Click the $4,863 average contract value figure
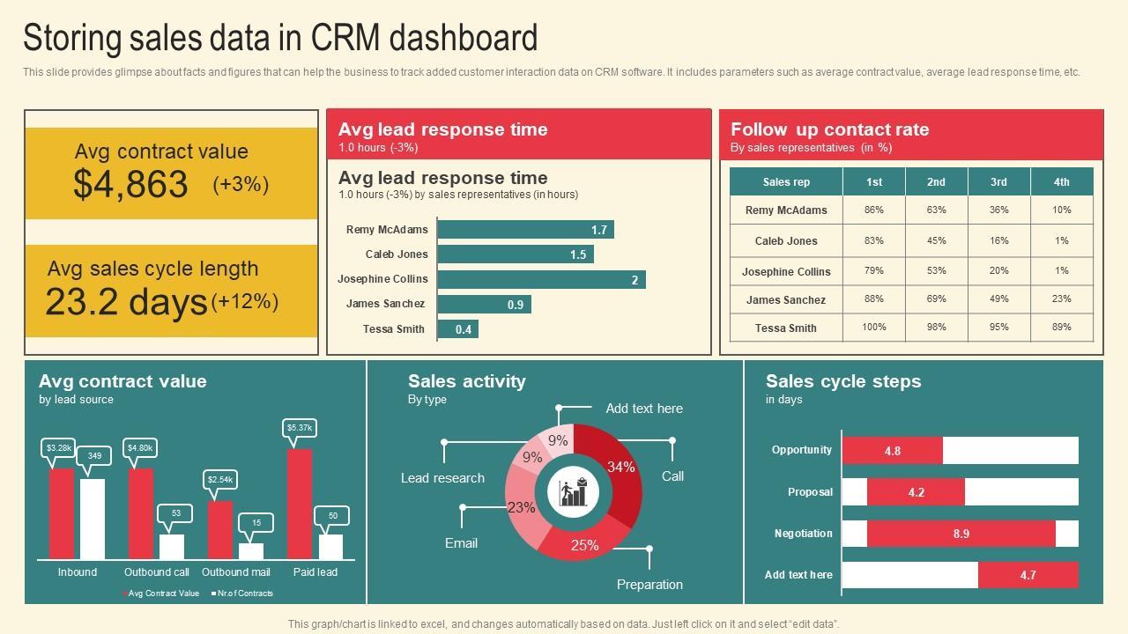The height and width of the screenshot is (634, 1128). coord(130,184)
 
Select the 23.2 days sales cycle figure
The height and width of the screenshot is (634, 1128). coord(126,302)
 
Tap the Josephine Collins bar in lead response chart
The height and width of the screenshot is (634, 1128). coord(541,280)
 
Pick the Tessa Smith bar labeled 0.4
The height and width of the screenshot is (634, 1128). coord(457,329)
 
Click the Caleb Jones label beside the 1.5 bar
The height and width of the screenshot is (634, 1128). coord(397,254)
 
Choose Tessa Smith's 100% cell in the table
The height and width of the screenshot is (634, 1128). coord(873,328)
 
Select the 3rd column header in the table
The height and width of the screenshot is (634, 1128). coord(998,182)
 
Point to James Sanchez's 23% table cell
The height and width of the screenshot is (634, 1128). coord(1061,299)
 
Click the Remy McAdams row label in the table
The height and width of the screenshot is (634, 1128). coord(786,210)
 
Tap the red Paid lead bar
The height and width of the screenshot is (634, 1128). coord(300,504)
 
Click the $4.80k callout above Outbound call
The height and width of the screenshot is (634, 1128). coord(141,448)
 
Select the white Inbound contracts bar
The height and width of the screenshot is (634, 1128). coord(93,519)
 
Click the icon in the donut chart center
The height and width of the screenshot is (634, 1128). coord(573,492)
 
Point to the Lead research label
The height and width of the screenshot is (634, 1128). coord(442,478)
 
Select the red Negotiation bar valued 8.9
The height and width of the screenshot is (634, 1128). coord(961,534)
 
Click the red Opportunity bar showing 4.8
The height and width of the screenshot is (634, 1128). coord(893,451)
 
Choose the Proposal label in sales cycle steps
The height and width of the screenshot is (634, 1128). coord(810,492)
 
